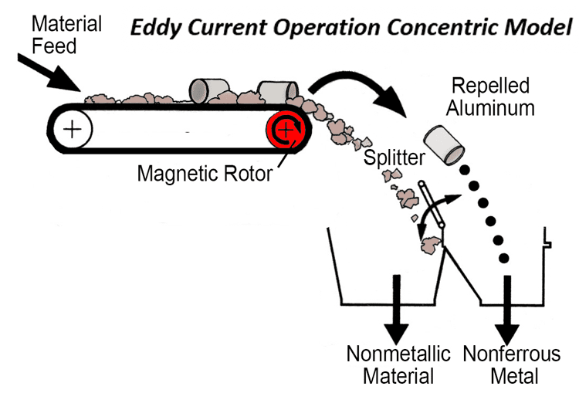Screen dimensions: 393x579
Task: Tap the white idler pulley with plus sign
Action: click(x=71, y=128)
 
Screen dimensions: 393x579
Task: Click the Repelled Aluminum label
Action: click(x=493, y=96)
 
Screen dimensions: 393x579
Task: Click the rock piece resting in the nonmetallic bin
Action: click(x=432, y=246)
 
